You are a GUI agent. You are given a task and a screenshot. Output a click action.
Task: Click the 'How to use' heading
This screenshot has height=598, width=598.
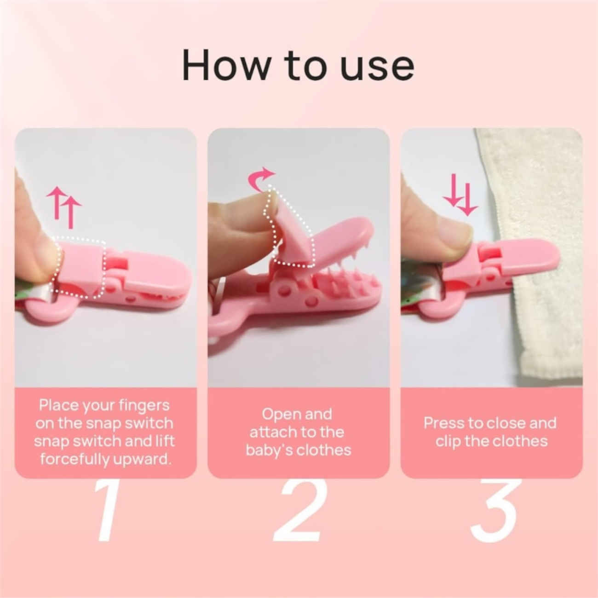pos(298,65)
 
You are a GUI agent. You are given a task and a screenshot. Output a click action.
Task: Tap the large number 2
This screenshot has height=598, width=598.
pos(298,511)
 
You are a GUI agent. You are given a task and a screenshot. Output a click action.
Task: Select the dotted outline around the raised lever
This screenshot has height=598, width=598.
pos(290,230)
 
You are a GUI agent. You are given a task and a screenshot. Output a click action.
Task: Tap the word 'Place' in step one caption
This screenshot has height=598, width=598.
pos(58,405)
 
